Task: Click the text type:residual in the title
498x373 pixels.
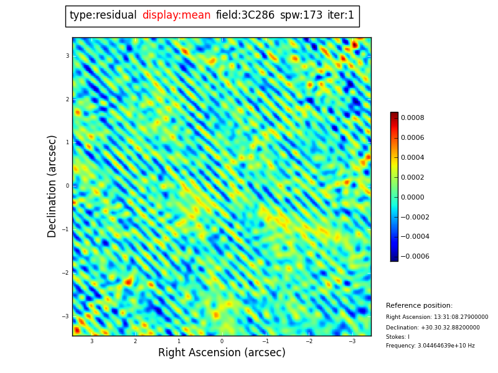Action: pos(103,16)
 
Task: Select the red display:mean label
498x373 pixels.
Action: pos(176,16)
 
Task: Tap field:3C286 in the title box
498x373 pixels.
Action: pos(245,16)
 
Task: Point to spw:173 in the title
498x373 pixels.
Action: pos(301,16)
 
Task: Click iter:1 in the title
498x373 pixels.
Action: pos(341,16)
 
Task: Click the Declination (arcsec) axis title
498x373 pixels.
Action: pos(52,186)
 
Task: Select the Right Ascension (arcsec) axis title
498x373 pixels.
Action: pos(222,353)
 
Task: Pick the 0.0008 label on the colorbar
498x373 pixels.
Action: pos(413,117)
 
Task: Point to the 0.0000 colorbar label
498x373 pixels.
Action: pos(413,197)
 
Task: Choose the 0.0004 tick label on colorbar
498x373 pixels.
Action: pos(413,157)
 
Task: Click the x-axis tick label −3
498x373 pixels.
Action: pos(352,341)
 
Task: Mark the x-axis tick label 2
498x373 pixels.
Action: pos(135,341)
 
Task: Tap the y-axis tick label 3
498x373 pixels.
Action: pos(67,56)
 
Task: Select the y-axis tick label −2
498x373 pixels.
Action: pos(65,273)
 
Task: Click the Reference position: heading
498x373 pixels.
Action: pos(419,306)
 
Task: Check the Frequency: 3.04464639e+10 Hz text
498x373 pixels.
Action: pos(430,346)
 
